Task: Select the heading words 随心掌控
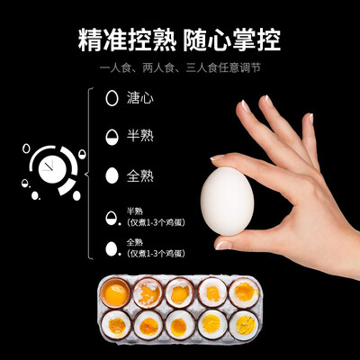232,40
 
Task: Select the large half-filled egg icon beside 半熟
112,137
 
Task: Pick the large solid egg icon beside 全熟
112,175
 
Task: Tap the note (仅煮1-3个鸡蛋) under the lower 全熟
156,252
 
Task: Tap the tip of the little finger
309,119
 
